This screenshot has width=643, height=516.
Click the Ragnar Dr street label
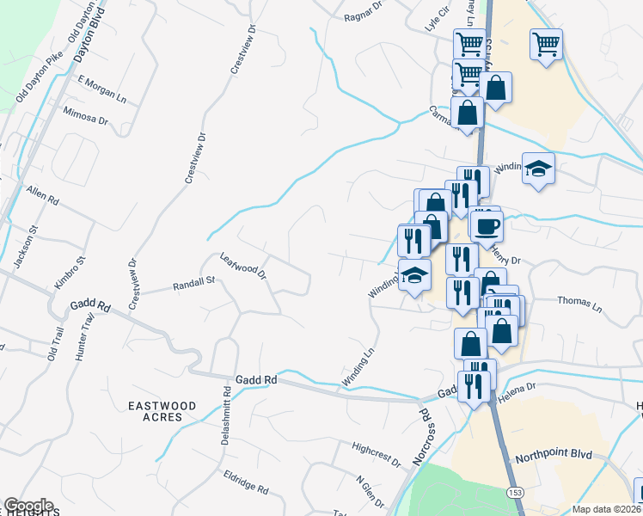(x=362, y=15)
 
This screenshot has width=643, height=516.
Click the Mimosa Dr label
(x=86, y=116)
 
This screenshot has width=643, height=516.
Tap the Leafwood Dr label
(x=242, y=265)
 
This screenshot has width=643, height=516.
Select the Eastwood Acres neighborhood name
(x=162, y=411)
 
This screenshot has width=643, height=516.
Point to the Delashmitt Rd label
(x=227, y=413)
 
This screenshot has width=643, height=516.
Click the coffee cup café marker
(x=487, y=226)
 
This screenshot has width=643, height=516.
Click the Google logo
(x=28, y=506)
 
